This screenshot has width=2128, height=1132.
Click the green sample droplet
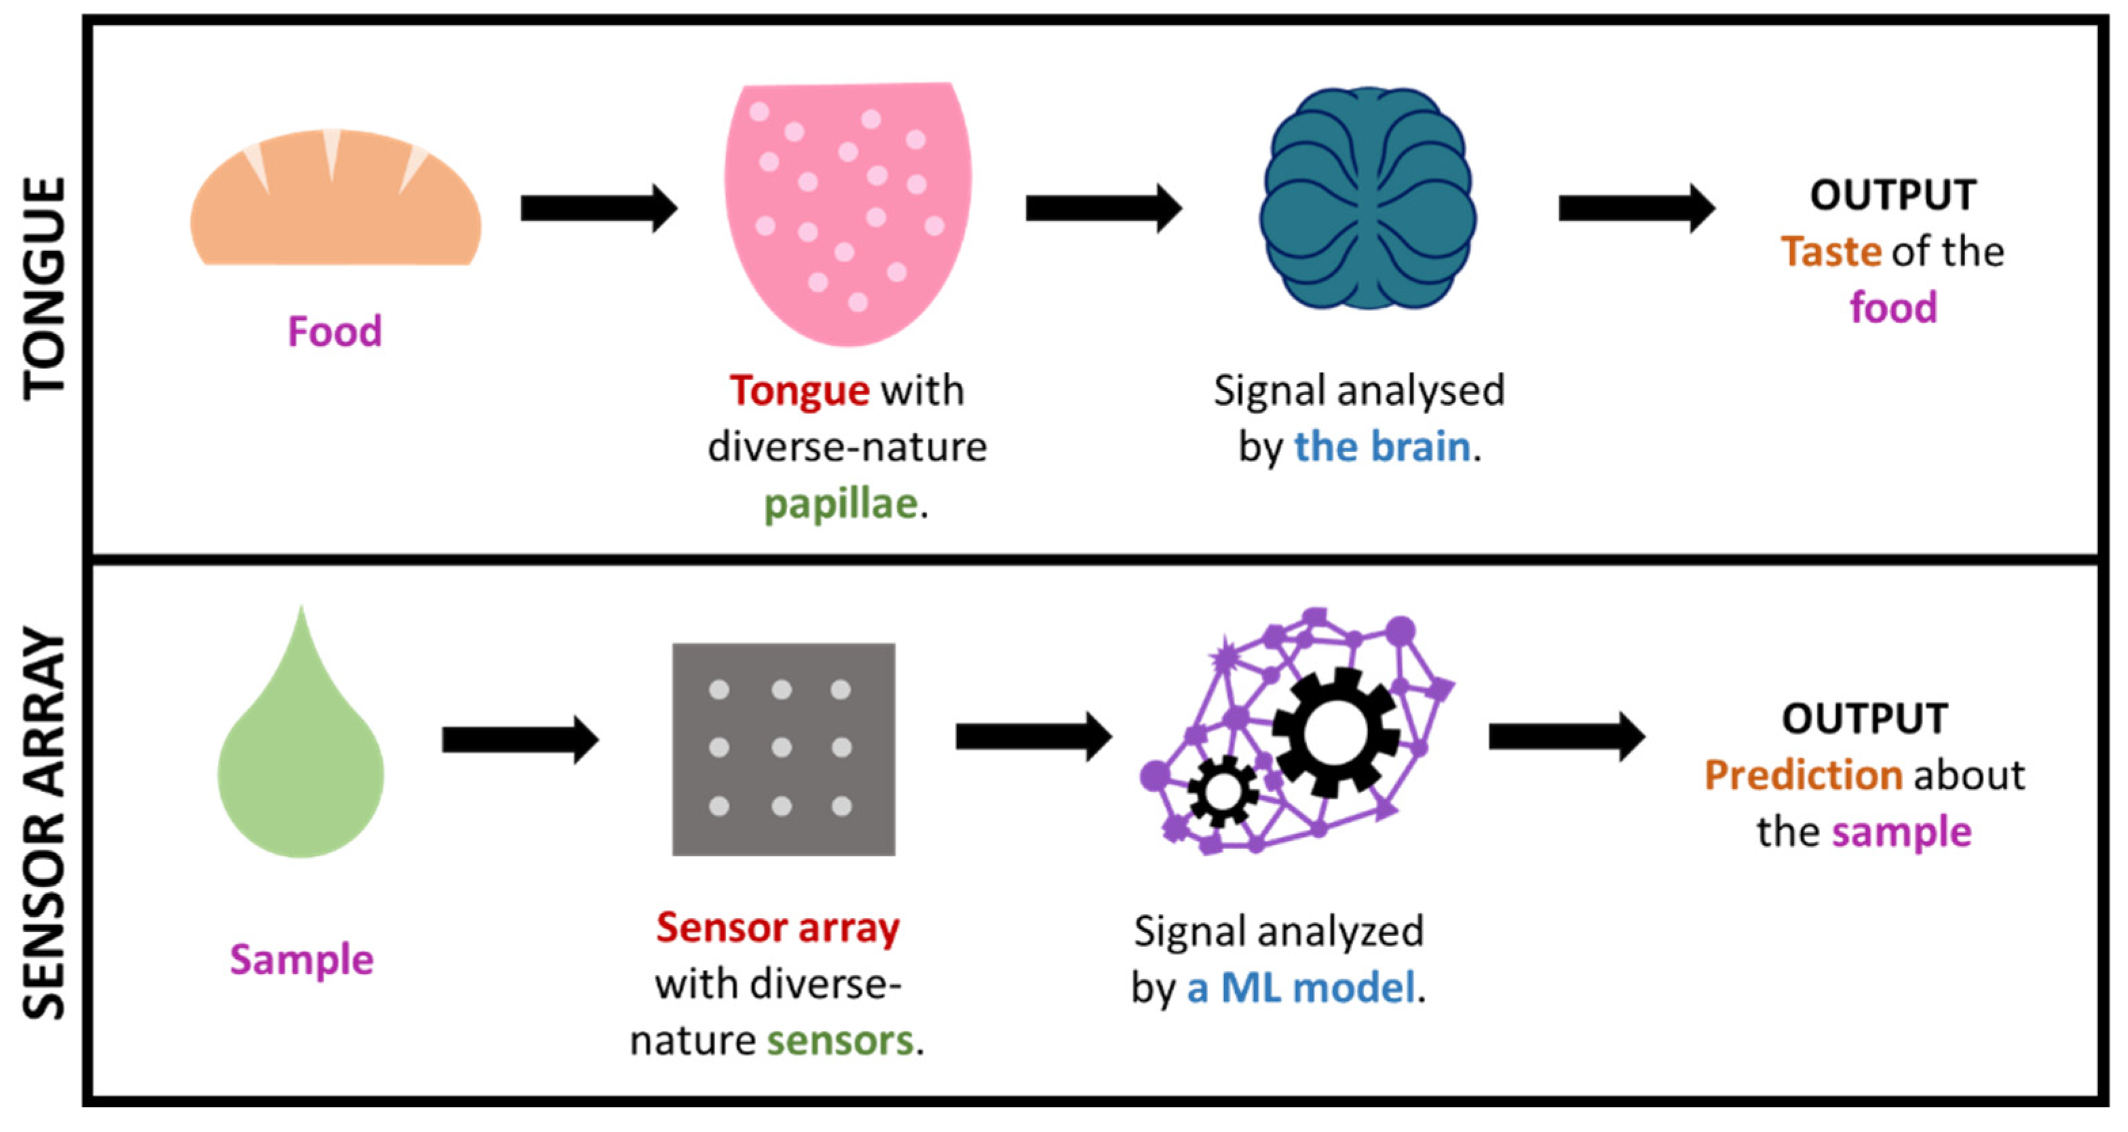301,768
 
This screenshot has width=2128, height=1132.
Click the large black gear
1334,732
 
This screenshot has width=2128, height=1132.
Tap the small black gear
1223,791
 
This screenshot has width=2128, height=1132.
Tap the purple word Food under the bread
335,332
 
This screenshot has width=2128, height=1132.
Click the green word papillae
840,504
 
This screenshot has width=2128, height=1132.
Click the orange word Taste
1830,251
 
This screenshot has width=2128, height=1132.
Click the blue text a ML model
1301,987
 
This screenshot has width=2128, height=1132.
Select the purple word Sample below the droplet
301,960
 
